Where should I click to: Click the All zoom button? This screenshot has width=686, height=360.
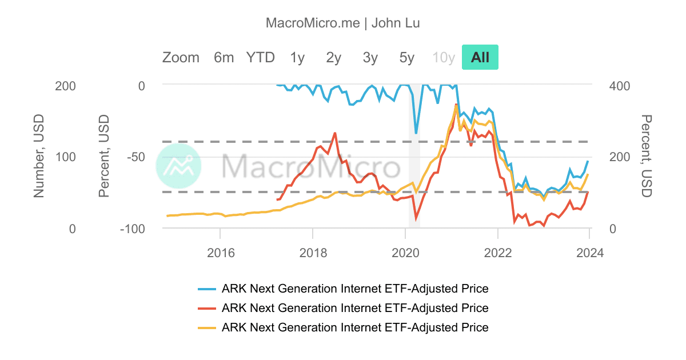[480, 57]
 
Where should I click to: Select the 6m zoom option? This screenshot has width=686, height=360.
[224, 57]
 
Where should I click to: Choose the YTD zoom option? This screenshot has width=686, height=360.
[261, 57]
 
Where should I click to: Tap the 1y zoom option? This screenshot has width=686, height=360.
[297, 57]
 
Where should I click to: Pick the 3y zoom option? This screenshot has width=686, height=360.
[370, 57]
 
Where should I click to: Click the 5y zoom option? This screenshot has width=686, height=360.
[407, 57]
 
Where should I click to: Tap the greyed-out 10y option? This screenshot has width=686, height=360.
[444, 57]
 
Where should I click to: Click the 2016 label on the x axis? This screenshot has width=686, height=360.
[220, 252]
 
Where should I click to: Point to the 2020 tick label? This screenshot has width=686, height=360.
[405, 252]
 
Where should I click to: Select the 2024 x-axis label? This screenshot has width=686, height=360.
[590, 252]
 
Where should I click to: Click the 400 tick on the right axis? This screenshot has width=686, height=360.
[620, 86]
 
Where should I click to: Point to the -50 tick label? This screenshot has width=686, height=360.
[133, 157]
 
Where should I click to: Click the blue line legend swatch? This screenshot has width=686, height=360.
[206, 289]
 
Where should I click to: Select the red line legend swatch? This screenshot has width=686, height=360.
[206, 309]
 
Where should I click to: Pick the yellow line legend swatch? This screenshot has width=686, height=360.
[206, 328]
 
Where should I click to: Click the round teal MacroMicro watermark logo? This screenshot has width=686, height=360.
[178, 166]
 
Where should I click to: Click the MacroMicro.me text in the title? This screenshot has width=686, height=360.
[313, 23]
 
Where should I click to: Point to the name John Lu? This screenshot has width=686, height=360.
[396, 23]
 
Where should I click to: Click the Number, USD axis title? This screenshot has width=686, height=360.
[39, 156]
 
